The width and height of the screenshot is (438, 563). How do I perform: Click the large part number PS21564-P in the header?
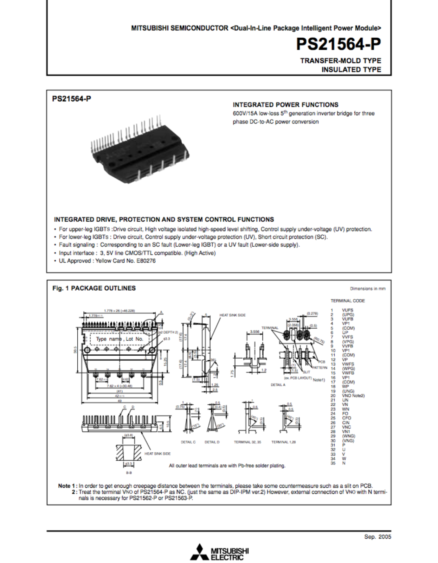(x=338, y=44)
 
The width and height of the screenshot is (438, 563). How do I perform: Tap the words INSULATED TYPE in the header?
(x=351, y=70)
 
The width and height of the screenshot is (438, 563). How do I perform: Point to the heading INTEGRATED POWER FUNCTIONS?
(x=285, y=105)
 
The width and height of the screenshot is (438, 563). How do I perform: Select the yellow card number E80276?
(x=146, y=261)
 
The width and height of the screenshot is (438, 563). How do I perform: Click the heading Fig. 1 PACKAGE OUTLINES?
(x=94, y=288)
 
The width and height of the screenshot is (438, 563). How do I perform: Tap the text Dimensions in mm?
(x=368, y=289)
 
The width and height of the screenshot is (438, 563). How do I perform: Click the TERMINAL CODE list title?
(x=348, y=301)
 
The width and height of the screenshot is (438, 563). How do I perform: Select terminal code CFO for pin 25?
(x=347, y=418)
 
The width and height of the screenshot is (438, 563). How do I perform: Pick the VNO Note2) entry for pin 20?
(x=353, y=396)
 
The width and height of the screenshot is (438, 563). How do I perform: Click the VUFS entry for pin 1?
(x=348, y=310)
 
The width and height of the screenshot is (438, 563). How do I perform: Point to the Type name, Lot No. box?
(x=119, y=339)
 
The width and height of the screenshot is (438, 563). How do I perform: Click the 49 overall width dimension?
(x=120, y=401)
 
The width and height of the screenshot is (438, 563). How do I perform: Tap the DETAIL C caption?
(x=188, y=442)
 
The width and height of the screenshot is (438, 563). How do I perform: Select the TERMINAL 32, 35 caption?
(x=247, y=442)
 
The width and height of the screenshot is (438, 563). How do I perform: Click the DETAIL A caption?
(x=278, y=385)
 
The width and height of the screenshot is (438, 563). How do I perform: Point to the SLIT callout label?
(x=307, y=372)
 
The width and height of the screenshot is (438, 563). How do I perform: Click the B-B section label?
(x=129, y=473)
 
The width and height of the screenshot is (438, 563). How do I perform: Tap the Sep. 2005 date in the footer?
(x=378, y=537)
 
